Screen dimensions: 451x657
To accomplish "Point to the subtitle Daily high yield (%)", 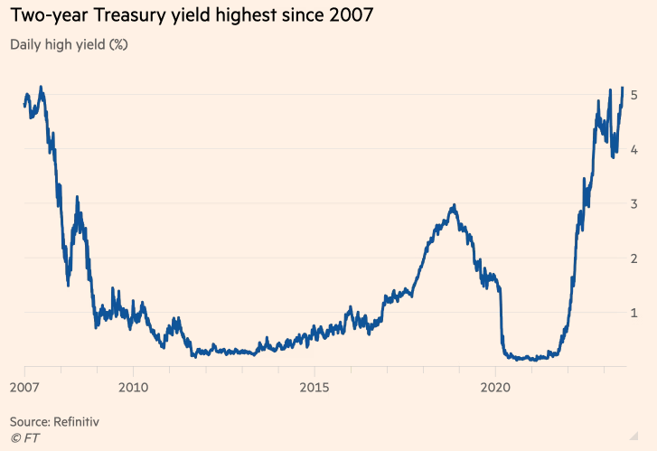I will [68, 44].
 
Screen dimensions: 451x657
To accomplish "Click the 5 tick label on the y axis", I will [635, 95].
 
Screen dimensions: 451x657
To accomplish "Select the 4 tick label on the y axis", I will [635, 149].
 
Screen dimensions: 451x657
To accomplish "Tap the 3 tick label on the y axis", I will [635, 203].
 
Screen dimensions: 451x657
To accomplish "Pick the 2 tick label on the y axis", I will [635, 258].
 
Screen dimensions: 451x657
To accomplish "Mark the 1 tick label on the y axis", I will [635, 313].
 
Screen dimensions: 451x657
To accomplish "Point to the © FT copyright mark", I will [25, 437].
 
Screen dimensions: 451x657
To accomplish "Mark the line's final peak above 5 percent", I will [622, 88].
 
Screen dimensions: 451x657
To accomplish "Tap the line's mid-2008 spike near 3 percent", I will [77, 197].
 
